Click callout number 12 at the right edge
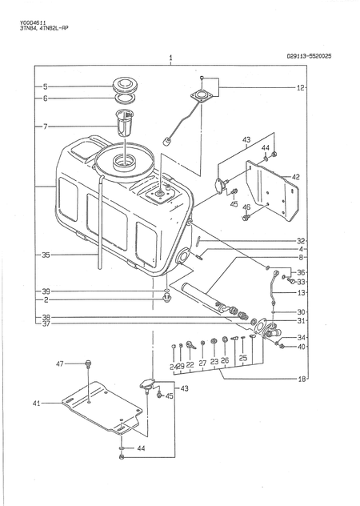tap(300, 87)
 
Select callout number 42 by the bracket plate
tap(295, 176)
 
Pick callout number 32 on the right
tap(301, 240)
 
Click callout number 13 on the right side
tap(301, 293)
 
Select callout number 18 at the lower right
tap(301, 378)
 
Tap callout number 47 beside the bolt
tap(59, 363)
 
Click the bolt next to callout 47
tap(89, 364)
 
